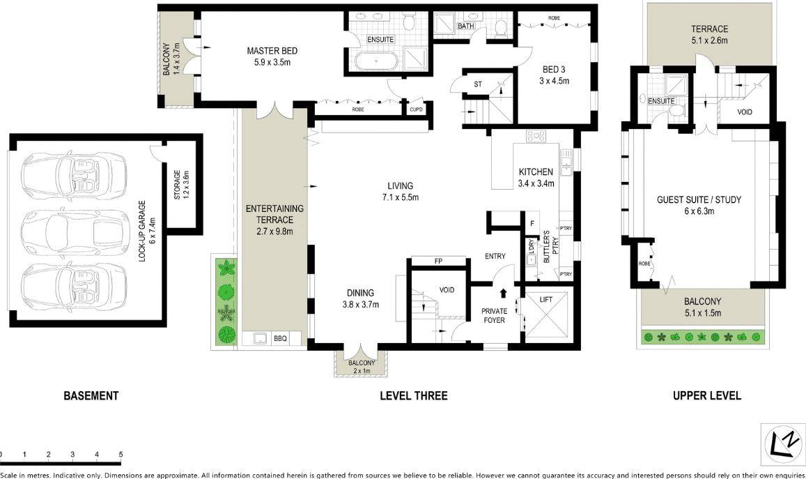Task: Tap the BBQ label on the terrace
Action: pos(280,339)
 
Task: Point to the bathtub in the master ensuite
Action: pos(377,61)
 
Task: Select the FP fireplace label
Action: pos(438,261)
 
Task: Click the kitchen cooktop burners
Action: pos(536,136)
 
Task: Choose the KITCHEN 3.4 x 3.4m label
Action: pos(536,178)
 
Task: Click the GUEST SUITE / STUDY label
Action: pos(699,205)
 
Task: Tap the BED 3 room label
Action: pos(554,75)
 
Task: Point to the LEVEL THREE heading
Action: pos(413,395)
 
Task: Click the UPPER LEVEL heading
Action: pos(707,395)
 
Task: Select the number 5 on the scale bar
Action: pos(121,455)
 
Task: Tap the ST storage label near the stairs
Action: pos(478,84)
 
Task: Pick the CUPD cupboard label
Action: pos(417,109)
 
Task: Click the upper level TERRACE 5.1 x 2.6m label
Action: pos(709,34)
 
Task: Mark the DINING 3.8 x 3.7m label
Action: pos(360,298)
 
